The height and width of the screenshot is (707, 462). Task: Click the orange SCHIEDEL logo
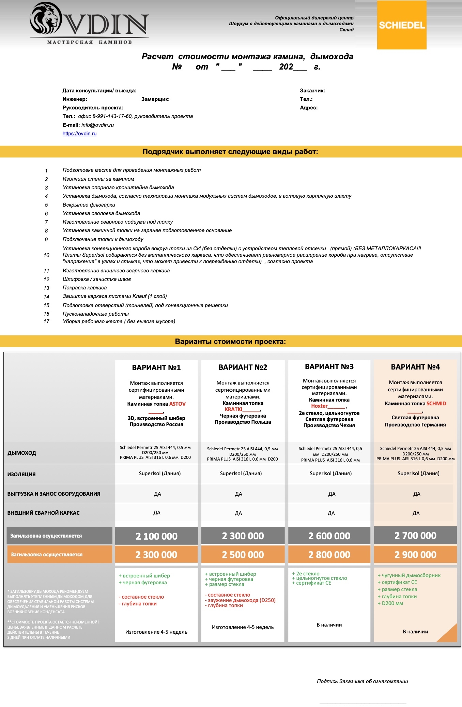[x=402, y=25]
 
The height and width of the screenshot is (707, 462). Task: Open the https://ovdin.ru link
[x=79, y=134]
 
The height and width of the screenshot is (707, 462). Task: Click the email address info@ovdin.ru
[x=97, y=125]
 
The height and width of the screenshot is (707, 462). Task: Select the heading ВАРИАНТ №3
[x=329, y=367]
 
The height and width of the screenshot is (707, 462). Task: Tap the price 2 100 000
[x=156, y=536]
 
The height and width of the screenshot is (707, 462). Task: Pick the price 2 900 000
[x=415, y=555]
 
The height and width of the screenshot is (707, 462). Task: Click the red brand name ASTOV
[x=178, y=404]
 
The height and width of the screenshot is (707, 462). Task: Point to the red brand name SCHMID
[x=436, y=404]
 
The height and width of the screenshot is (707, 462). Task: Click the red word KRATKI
[x=233, y=409]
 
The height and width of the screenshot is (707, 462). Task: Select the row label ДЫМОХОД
[x=22, y=453]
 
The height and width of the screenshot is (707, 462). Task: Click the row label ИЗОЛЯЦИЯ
[x=21, y=474]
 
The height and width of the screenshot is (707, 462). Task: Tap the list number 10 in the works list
[x=46, y=255]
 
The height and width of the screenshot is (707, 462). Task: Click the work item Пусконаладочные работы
[x=96, y=314]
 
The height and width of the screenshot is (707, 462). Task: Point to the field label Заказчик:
[x=312, y=91]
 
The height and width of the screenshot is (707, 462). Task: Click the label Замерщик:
[x=155, y=99]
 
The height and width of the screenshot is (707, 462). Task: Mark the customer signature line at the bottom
[x=363, y=703]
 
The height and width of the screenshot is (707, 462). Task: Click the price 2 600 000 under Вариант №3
[x=329, y=536]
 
